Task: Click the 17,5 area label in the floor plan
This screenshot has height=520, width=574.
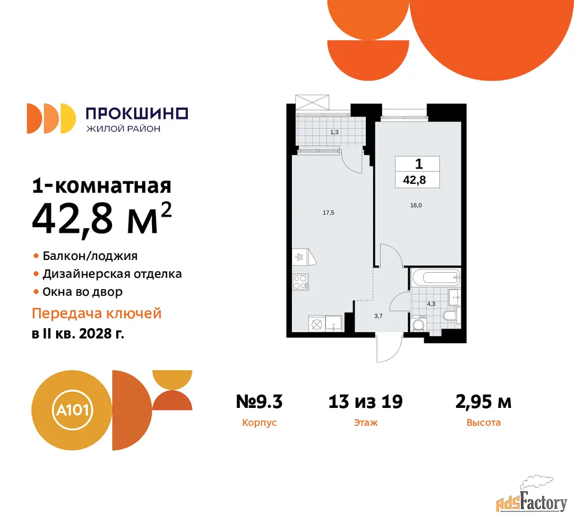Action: (328, 213)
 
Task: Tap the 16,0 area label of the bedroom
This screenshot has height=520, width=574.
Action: (416, 205)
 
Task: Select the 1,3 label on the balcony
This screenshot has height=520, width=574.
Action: (334, 132)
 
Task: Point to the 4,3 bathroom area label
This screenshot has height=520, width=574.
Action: (431, 304)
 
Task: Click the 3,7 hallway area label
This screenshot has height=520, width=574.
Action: (378, 316)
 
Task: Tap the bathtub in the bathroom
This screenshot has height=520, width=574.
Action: (436, 278)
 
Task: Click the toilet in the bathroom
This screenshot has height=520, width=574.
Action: (450, 316)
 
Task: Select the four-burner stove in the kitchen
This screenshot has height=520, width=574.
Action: (300, 282)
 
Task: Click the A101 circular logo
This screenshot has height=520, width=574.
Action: (72, 410)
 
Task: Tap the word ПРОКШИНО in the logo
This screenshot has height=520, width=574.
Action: (136, 113)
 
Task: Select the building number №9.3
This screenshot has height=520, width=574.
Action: (259, 402)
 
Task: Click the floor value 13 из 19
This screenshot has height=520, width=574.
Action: (365, 402)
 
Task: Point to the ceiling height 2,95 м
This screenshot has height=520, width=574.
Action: (483, 402)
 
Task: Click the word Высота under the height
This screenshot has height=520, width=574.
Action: (483, 423)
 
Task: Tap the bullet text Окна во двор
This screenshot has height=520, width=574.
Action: (82, 292)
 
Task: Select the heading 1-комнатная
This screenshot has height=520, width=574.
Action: (101, 186)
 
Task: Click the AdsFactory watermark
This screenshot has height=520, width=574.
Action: (532, 494)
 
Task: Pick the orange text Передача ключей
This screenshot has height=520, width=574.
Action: (97, 314)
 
